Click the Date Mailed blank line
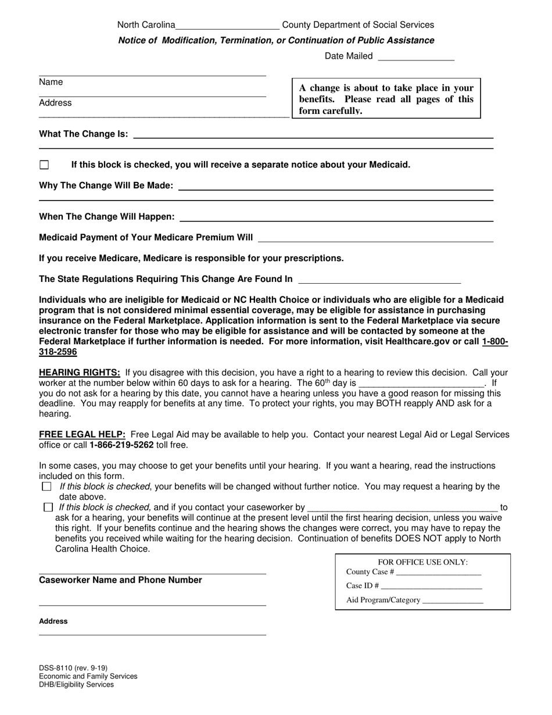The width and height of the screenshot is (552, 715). [415, 57]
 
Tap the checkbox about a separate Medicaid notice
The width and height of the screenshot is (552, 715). [44, 165]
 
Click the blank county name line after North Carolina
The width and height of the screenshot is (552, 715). [227, 26]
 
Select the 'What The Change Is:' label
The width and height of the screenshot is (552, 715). [84, 134]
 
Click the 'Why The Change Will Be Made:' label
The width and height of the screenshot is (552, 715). [106, 185]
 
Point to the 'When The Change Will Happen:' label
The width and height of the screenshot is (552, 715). [106, 217]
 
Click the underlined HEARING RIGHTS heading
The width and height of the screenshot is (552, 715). [80, 373]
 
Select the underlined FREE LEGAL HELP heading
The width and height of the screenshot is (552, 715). [82, 434]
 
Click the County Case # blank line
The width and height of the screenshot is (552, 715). [439, 572]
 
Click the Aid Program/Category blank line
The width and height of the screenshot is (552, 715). [453, 600]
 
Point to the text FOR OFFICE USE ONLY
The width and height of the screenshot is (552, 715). [422, 562]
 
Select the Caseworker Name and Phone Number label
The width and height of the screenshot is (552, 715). [120, 580]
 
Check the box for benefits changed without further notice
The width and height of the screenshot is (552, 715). [47, 487]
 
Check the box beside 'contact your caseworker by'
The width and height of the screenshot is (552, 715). [48, 507]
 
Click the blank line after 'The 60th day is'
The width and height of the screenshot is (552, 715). [421, 384]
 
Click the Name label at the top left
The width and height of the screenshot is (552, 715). [51, 83]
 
